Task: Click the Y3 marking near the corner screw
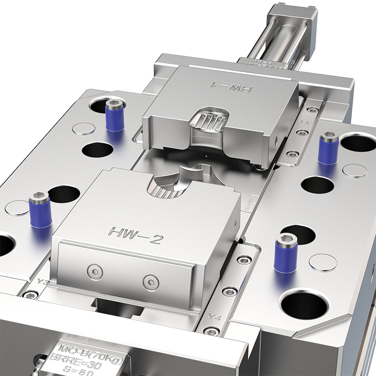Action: click(x=42, y=282)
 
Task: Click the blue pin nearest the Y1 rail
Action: click(x=328, y=148)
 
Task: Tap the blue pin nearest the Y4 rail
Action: click(x=284, y=253)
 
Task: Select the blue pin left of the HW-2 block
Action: click(x=39, y=212)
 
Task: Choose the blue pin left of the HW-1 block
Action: click(x=114, y=115)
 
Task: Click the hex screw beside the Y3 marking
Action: click(x=31, y=295)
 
